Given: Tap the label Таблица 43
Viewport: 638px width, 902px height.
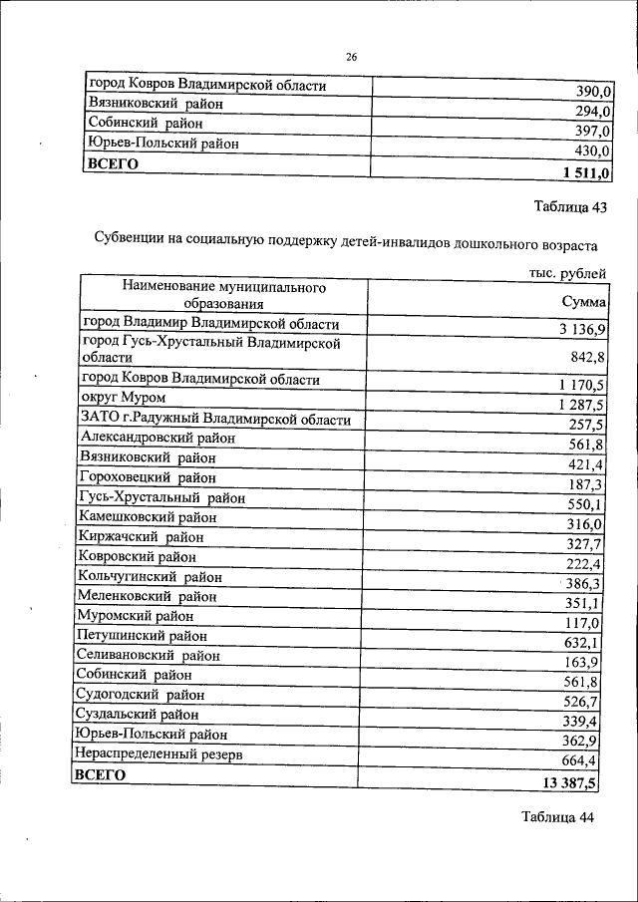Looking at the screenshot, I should coord(569,208).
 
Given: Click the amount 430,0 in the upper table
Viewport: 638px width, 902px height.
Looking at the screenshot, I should coord(590,151).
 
